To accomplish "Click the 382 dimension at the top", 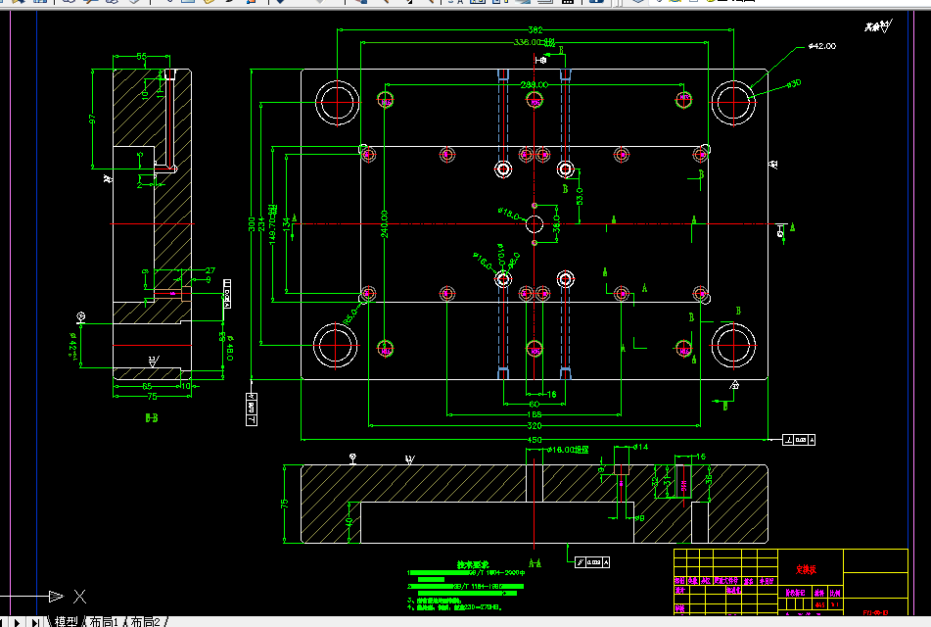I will coord(535,30).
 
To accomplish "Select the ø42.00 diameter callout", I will coord(821,46).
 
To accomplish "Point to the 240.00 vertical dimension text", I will coord(385,223).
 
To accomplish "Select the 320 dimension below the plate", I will coord(535,427).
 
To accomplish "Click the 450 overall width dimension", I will coord(535,441).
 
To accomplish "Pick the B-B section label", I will coord(152,415).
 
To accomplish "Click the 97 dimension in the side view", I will coord(92,119).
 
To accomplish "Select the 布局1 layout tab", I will coord(104,621).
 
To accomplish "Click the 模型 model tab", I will coord(66,621).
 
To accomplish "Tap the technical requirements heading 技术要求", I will coord(473,565).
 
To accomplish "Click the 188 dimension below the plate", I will coord(534,415).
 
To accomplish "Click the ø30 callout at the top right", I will coord(794,83).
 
